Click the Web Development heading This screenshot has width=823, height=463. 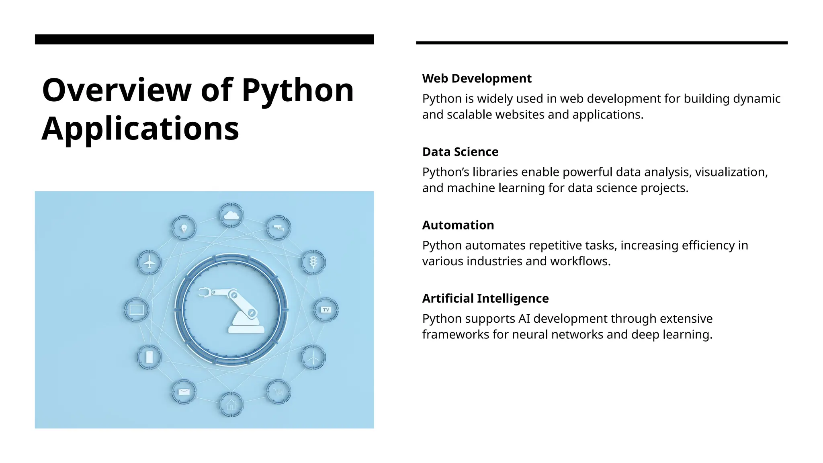477,78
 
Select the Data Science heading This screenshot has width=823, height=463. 460,152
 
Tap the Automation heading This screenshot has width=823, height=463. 458,225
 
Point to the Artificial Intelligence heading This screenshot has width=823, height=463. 485,299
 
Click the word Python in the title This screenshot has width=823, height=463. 297,91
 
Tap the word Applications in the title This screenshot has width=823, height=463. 140,129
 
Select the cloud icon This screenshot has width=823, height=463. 231,215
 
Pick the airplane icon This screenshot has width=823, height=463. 149,262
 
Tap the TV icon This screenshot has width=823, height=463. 326,310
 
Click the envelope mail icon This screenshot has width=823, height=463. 184,391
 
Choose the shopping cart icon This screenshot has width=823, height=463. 278,391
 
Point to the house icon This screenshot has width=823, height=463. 231,404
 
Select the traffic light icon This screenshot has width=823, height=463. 313,262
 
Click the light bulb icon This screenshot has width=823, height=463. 184,228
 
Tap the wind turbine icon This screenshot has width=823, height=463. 313,357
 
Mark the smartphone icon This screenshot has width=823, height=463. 149,357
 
